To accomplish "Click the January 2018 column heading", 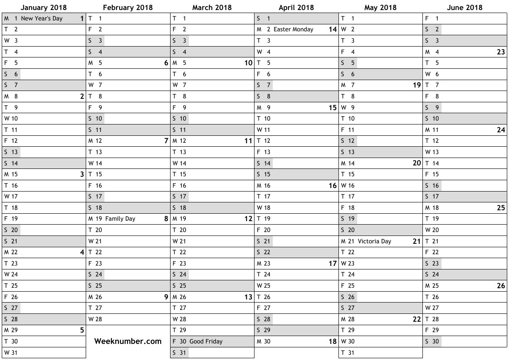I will (44, 7).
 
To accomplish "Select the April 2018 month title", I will (296, 7).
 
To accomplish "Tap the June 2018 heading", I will (465, 7).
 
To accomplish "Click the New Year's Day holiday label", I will (42, 18).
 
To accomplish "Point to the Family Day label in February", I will (120, 219).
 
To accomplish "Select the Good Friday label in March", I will (206, 341).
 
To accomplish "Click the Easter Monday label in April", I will (293, 30).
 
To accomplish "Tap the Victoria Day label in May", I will (374, 241).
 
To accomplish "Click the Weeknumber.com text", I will (128, 341).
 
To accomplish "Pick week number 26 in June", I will (501, 286).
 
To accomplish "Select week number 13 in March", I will (248, 297).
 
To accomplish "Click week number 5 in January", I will (82, 330).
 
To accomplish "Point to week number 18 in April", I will (333, 342).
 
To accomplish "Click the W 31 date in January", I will (11, 353).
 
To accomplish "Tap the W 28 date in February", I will (95, 319).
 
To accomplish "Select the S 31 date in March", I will (180, 353).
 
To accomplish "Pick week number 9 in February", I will (166, 297).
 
